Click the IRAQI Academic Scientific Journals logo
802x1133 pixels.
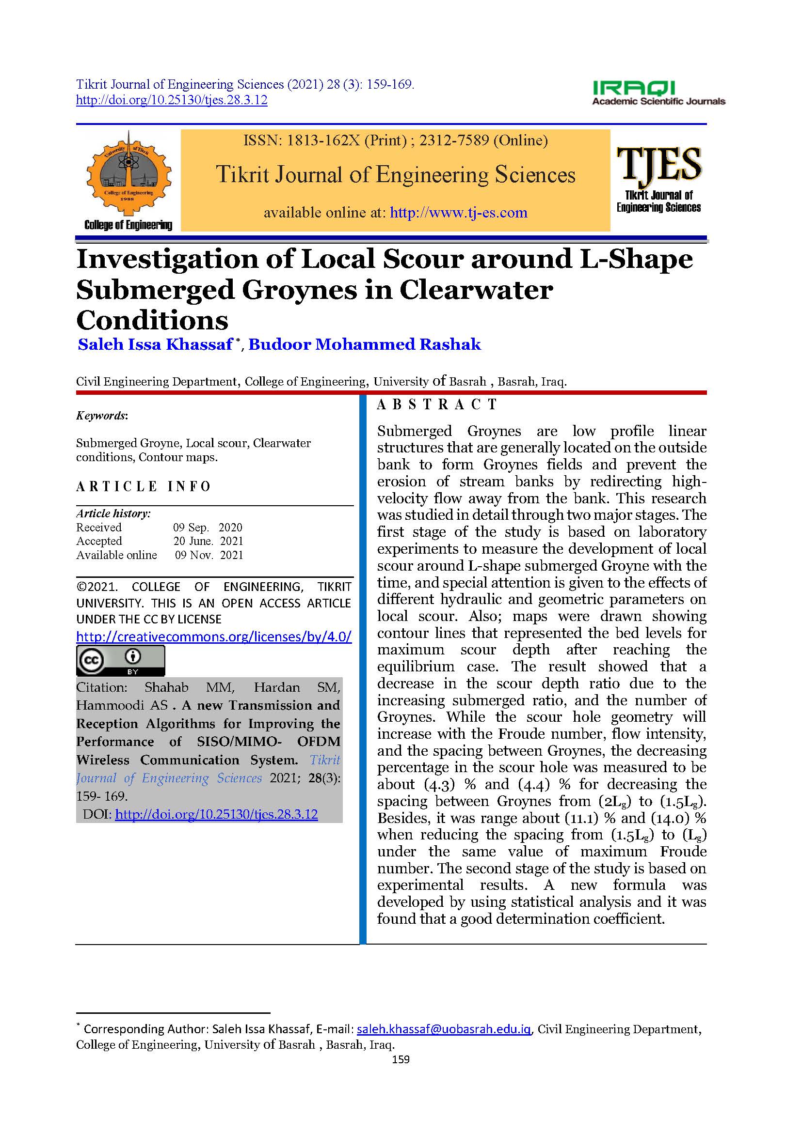(658, 93)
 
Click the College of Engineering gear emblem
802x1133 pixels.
(128, 173)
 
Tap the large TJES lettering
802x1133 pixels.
(659, 165)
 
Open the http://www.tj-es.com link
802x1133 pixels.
(458, 213)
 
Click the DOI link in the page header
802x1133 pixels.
(171, 100)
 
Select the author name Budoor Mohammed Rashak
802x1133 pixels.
(365, 344)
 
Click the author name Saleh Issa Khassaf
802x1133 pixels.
(155, 344)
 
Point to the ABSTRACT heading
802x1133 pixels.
(436, 404)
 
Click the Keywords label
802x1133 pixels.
(102, 416)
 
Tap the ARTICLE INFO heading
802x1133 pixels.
(143, 486)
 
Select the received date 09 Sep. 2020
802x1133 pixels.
(208, 527)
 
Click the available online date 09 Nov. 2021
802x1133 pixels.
(209, 555)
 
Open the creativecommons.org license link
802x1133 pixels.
(214, 636)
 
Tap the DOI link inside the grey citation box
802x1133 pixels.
(216, 814)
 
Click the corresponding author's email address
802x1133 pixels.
(444, 1029)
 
